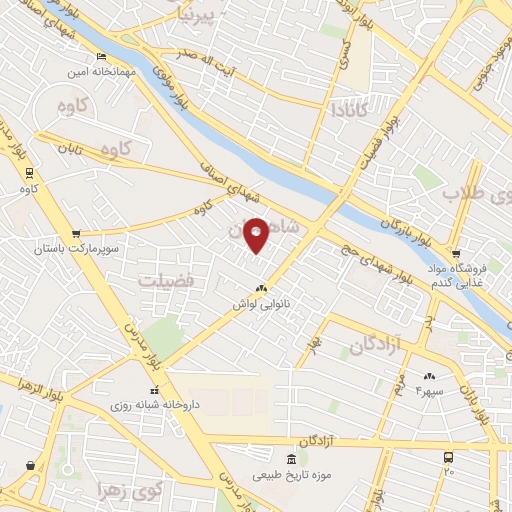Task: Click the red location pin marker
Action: [x=257, y=235]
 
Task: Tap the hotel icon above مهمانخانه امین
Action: [x=103, y=56]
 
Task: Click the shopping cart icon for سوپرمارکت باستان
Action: [x=76, y=233]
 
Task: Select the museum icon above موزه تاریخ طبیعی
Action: [x=290, y=459]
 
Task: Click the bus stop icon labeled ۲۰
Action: [x=448, y=456]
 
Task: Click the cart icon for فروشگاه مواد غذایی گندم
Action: [x=457, y=253]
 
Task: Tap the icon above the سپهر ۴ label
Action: [x=430, y=375]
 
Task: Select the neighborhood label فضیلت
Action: [x=166, y=279]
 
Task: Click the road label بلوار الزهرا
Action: [x=25, y=386]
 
